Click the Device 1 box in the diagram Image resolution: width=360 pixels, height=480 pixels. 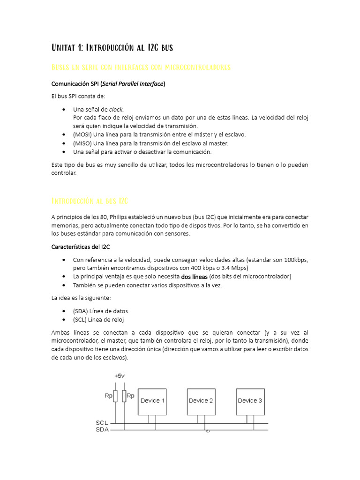point(151,401)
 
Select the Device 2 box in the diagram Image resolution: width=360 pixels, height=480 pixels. point(201,401)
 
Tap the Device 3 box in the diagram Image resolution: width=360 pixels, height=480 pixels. point(250,401)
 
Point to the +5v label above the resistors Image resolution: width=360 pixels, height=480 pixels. point(120,376)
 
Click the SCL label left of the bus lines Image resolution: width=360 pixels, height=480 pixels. point(102,423)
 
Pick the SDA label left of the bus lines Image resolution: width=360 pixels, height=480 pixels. point(102,429)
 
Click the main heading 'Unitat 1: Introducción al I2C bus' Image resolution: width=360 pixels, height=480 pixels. point(112,47)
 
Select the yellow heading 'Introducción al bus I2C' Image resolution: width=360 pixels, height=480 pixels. point(89,201)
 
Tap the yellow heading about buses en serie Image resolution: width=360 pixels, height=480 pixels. point(141,67)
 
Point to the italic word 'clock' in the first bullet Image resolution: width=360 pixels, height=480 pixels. point(116,109)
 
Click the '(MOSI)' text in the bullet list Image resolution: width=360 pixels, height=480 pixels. point(82,135)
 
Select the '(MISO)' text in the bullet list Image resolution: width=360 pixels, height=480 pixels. point(82,143)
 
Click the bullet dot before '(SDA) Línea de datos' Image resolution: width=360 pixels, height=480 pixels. point(64,311)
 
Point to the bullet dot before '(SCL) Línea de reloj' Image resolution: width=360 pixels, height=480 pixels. point(64,320)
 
